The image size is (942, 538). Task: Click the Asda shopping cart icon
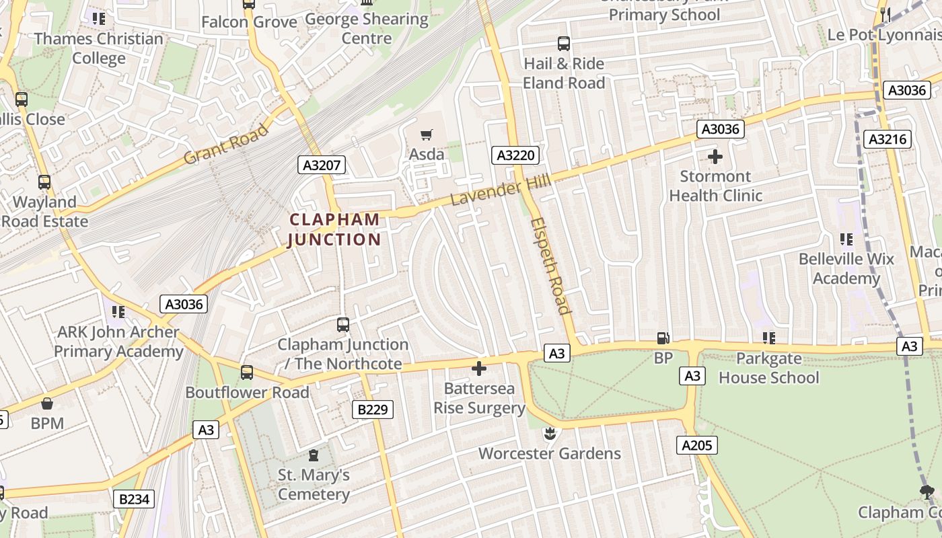point(426,134)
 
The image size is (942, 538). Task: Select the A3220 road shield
point(515,155)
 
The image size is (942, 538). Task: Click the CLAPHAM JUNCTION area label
point(334,229)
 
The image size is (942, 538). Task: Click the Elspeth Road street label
point(550,266)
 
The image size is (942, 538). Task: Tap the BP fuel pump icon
point(663,338)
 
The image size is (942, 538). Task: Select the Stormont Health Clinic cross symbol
point(715,157)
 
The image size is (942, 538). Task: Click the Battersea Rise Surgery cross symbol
point(479,368)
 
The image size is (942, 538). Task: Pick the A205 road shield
point(697,445)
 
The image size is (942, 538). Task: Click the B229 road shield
point(372,409)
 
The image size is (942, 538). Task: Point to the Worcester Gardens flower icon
point(550,433)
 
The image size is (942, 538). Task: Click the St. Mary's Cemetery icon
point(314,455)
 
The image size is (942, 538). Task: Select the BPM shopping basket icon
point(47,403)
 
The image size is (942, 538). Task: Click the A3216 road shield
point(888,139)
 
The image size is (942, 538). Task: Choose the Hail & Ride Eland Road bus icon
point(564,44)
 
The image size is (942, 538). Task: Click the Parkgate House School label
point(768,368)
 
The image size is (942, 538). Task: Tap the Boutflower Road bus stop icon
point(247,372)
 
